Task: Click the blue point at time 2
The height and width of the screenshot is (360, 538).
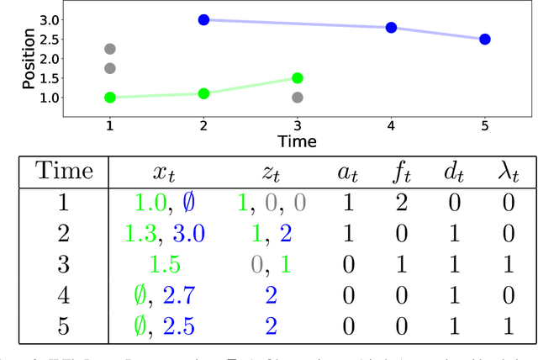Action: (x=203, y=19)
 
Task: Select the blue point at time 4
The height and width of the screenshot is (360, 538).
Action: (x=391, y=28)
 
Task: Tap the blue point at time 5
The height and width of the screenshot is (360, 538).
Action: (x=485, y=39)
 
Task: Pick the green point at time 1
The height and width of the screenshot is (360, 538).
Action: (x=109, y=98)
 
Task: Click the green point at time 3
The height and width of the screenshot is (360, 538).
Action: (x=297, y=78)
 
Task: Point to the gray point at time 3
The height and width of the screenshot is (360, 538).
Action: (x=297, y=98)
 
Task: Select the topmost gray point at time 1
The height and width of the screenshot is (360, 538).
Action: (x=109, y=50)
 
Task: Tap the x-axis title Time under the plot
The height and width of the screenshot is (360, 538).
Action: (x=297, y=141)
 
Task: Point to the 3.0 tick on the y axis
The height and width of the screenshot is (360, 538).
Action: (x=74, y=19)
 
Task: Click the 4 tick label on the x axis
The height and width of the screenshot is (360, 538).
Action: (x=391, y=124)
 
